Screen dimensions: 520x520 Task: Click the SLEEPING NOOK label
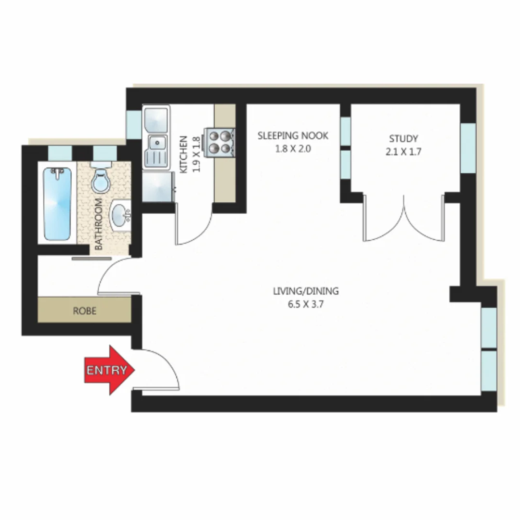[x=293, y=136]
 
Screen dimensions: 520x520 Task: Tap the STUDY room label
[x=403, y=139]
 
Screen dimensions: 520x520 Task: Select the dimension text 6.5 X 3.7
[x=306, y=304]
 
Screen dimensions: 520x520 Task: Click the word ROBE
[x=85, y=311]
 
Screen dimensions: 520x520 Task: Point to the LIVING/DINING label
[x=306, y=291]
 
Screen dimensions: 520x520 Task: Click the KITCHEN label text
[x=183, y=154]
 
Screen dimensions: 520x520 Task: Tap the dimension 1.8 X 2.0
[x=293, y=149]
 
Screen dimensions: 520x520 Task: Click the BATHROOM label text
[x=99, y=224]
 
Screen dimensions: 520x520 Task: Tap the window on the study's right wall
[x=468, y=148]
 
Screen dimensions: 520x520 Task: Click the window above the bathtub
[x=60, y=153]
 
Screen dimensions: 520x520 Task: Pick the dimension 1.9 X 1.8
[x=195, y=154]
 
